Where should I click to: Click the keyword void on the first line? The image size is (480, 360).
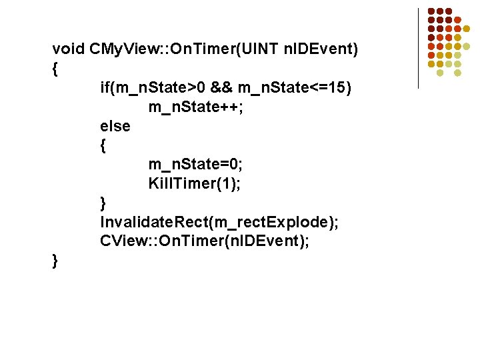click(x=69, y=49)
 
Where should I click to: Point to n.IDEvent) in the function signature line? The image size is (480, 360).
click(x=322, y=49)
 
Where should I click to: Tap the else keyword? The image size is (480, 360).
click(x=115, y=126)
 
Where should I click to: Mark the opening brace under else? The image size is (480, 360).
click(x=103, y=145)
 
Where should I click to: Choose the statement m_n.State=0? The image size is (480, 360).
click(x=195, y=165)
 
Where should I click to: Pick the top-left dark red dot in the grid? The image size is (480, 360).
click(x=431, y=11)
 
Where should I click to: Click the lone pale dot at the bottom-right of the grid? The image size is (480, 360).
click(x=457, y=72)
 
